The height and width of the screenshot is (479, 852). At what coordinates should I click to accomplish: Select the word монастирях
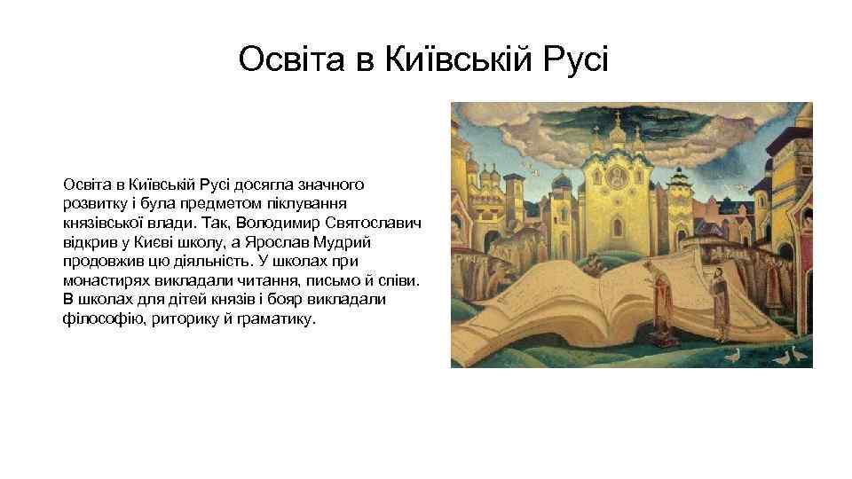(102, 280)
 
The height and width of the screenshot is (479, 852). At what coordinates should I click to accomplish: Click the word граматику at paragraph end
(269, 319)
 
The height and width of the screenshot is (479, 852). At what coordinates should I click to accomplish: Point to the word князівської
(100, 223)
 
